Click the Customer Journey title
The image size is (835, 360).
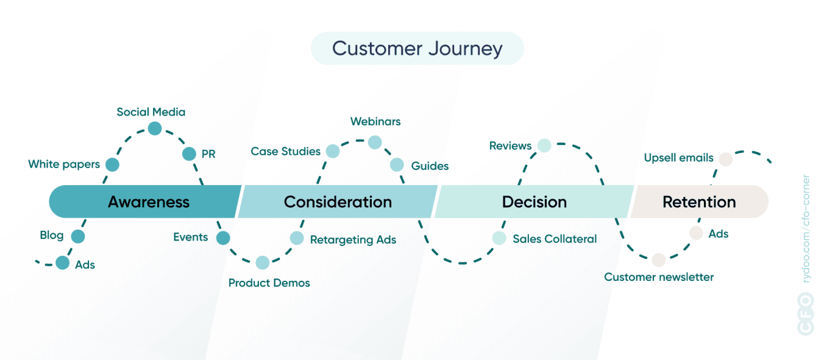point(417,49)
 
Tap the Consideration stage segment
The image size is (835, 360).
point(338,202)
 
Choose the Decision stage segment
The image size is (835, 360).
point(534,202)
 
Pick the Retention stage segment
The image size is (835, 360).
point(699,202)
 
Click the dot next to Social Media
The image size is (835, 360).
point(155,129)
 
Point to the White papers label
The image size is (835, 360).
point(64,164)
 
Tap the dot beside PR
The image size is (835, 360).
point(189,154)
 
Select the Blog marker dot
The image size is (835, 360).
point(78,236)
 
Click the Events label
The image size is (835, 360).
point(190,238)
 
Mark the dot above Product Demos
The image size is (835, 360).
point(262,263)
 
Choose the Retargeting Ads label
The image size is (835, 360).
point(353,240)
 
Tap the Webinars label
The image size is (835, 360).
point(375,122)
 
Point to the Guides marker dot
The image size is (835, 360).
point(397,164)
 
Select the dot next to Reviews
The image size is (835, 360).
point(544,146)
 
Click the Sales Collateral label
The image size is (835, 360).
point(555,239)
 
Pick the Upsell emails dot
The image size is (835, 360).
point(725,160)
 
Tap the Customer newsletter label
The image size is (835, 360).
point(659,277)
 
